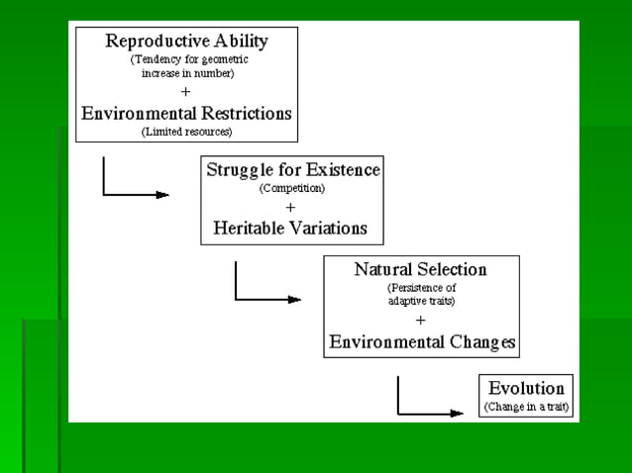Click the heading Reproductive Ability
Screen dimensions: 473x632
[186, 41]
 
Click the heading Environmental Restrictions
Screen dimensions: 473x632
[186, 112]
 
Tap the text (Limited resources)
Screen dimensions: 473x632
[186, 131]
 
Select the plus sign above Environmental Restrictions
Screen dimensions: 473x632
[186, 91]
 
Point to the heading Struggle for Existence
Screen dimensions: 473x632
[292, 169]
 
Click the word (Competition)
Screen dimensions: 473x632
[291, 188]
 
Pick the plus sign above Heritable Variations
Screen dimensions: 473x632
[291, 208]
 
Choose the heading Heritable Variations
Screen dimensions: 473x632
[291, 228]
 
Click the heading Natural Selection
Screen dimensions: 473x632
[421, 268]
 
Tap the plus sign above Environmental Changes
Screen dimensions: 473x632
[421, 321]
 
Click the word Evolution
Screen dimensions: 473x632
[526, 388]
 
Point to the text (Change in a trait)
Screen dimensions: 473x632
[526, 407]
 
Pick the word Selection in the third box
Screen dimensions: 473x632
[453, 268]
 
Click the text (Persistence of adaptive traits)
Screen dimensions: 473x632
[421, 293]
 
